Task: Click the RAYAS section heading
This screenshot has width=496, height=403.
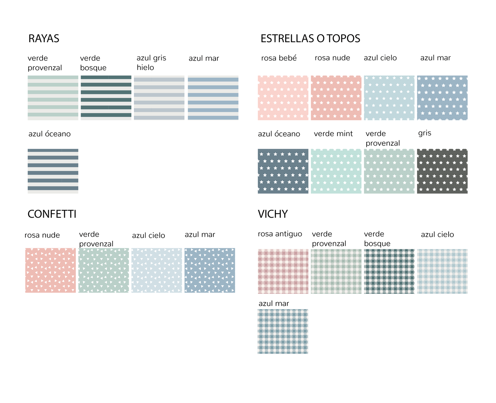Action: (44, 38)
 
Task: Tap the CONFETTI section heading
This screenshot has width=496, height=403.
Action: (52, 214)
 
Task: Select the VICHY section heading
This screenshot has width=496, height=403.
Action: (273, 214)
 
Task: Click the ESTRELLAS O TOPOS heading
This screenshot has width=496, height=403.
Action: (310, 38)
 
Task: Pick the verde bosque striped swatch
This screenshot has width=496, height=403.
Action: (106, 98)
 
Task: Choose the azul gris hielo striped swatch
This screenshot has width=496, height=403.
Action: (159, 98)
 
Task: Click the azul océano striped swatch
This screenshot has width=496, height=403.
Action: (53, 171)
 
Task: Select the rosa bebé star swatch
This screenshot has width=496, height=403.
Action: (283, 98)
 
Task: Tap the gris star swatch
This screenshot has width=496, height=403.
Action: (442, 171)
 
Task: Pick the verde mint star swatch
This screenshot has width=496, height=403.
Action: (336, 171)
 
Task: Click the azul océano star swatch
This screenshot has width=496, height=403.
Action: (283, 171)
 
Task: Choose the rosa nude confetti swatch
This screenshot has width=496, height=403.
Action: (50, 270)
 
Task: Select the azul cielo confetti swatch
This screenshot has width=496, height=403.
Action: (157, 270)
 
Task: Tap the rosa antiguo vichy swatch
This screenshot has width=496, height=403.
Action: (283, 271)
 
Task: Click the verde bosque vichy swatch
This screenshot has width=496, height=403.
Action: (389, 271)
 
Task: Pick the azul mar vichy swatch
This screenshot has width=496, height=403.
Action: (283, 331)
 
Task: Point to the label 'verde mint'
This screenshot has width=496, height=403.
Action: (333, 134)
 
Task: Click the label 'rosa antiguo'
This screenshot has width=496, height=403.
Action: (280, 234)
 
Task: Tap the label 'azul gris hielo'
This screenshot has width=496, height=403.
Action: (151, 63)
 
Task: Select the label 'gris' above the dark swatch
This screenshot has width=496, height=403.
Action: (425, 133)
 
